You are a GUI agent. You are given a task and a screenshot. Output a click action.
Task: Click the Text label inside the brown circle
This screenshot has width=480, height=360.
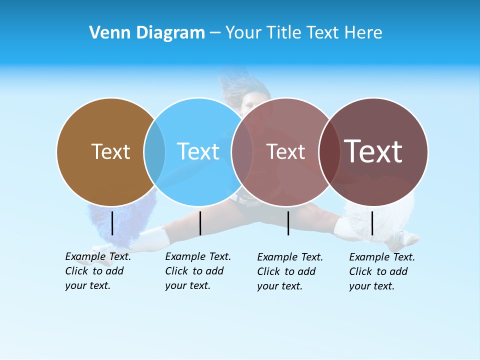[110, 151]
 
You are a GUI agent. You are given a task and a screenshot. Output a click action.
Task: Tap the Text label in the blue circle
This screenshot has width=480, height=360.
[198, 151]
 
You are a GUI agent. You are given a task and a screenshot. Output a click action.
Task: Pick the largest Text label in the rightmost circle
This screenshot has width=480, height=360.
[373, 151]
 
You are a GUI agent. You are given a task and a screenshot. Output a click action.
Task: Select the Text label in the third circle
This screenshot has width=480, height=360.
[285, 151]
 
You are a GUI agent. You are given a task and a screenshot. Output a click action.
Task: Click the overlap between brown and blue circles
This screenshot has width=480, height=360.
[154, 152]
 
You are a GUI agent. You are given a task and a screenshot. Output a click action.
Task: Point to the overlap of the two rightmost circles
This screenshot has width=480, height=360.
[329, 152]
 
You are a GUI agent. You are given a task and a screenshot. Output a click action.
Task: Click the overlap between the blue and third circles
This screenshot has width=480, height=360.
[242, 152]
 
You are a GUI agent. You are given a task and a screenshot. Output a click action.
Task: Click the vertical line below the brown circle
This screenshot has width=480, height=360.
[112, 223]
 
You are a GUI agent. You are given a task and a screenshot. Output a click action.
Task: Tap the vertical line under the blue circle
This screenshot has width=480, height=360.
[200, 223]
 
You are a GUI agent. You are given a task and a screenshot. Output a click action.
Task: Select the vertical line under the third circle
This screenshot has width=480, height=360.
[288, 223]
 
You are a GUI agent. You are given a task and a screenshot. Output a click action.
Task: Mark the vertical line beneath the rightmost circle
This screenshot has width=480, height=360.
[372, 223]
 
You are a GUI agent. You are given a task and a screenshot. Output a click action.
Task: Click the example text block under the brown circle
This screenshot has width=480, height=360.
[98, 271]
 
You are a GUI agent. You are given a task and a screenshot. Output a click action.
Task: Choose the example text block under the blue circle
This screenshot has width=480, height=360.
[198, 271]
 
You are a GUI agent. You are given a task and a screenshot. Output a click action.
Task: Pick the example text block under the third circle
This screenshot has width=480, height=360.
[290, 271]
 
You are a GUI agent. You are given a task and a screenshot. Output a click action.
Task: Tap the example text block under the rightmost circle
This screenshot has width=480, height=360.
[382, 271]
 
